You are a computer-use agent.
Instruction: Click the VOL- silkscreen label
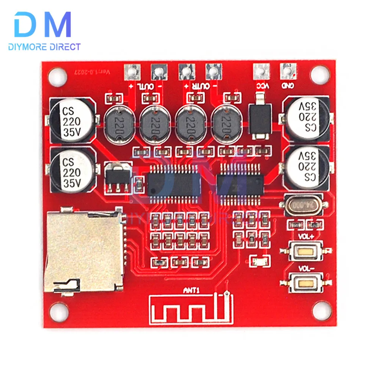pos(305,269)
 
